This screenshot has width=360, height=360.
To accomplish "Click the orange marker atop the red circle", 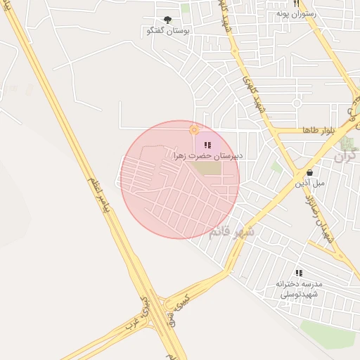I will point(194,130).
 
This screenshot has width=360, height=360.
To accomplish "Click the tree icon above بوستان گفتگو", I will point(167,20).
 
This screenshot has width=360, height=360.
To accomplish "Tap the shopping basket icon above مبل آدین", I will point(309,172).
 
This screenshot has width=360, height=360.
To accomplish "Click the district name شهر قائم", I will point(231,233).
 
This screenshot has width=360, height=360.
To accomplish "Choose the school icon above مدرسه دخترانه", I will point(298,273).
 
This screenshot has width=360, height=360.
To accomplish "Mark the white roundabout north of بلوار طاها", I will point(297,103).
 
